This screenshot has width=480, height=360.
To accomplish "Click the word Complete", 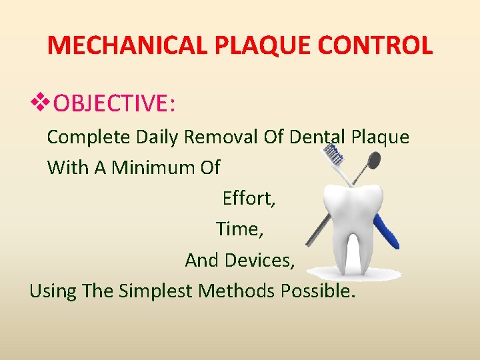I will (89, 137).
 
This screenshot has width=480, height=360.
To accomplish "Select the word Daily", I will (157, 137).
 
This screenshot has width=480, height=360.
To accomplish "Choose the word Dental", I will (317, 137).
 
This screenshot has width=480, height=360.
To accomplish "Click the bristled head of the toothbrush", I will (335, 155).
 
